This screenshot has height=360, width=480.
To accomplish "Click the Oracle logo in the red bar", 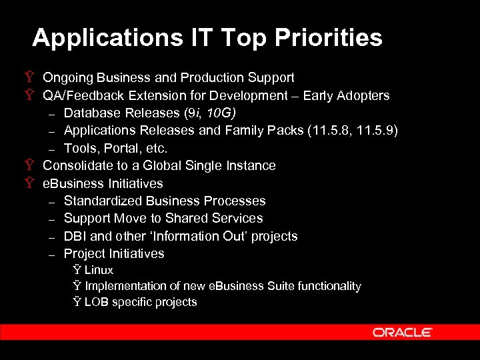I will (402, 332).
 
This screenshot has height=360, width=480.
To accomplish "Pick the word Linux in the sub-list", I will (99, 270).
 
